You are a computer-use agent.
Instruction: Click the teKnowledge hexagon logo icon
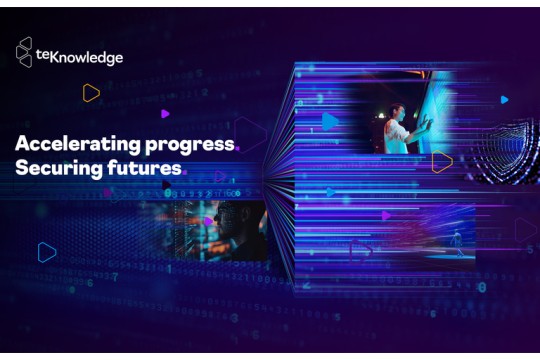click(25, 52)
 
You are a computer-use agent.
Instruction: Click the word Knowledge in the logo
click(91, 58)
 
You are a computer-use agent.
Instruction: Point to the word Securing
click(52, 168)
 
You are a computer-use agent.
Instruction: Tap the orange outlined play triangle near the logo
click(91, 93)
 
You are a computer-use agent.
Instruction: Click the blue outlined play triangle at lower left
click(46, 252)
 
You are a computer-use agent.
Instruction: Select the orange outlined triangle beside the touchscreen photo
click(441, 162)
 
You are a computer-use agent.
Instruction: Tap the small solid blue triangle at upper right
click(505, 100)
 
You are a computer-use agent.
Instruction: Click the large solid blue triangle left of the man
click(329, 122)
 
